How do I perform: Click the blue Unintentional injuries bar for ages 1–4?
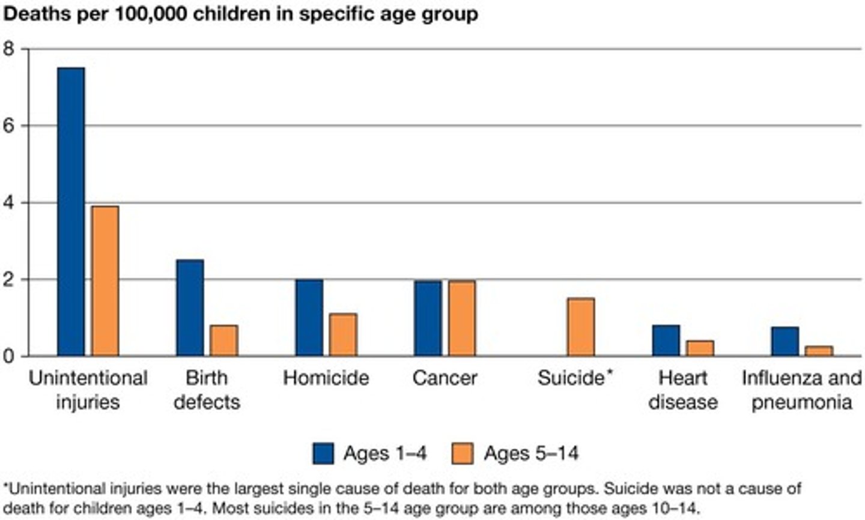coord(71,211)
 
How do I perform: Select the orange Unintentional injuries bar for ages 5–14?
coord(105,281)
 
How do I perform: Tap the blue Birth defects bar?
coord(190,307)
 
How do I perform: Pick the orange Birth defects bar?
coord(223,340)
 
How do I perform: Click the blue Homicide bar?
coord(309,318)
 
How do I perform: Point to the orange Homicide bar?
coord(343,334)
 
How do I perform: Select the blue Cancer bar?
coord(428,318)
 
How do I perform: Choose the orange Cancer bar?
coord(462,318)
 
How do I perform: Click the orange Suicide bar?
coord(581,327)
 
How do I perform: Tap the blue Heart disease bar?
coord(666,340)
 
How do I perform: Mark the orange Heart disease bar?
coord(700,348)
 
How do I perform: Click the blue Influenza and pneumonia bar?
coord(785,341)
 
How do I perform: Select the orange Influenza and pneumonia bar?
coord(819,351)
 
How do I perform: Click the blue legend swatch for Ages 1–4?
coord(323,453)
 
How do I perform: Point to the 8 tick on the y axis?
coord(8,49)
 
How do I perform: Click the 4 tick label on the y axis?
coord(8,203)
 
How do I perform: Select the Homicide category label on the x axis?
coord(326,378)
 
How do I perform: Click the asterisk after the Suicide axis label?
coord(610,373)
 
